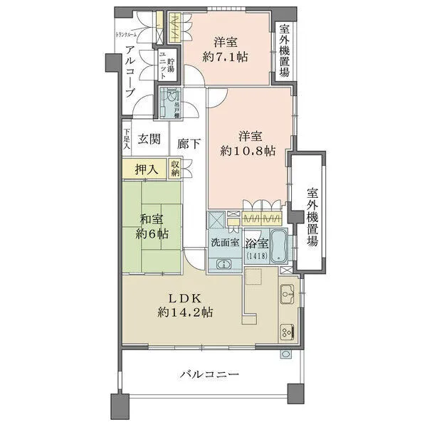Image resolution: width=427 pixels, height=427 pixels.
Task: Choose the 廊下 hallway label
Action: pos(189,143)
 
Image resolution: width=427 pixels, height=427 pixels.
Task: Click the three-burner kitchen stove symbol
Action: pos(288,330)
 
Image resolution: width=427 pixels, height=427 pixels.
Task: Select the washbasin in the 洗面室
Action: pos(223,264)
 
